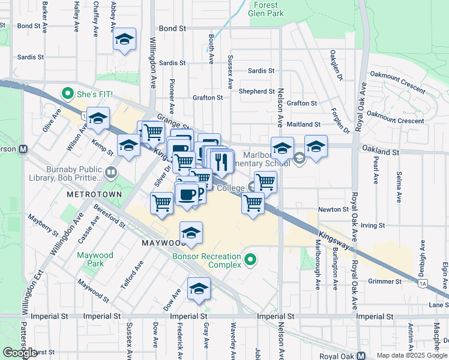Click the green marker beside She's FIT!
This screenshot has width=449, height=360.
tap(67, 95)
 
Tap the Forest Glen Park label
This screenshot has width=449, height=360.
tap(266, 8)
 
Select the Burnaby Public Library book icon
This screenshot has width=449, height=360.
tap(110, 173)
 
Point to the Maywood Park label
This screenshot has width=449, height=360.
tap(95, 260)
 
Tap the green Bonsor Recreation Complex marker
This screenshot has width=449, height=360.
tap(251, 260)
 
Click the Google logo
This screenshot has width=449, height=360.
tap(20, 353)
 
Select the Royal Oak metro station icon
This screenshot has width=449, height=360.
tap(362, 355)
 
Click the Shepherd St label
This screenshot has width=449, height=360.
tap(256, 91)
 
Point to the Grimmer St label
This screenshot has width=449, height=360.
tap(384, 281)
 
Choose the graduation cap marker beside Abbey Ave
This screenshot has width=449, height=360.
tap(124, 40)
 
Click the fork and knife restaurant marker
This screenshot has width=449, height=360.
tap(223, 161)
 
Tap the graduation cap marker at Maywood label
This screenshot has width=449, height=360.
tap(191, 233)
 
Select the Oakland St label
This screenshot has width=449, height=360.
tap(379, 152)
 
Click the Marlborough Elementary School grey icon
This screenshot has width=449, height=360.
tap(300, 158)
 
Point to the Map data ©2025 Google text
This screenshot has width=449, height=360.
tap(411, 355)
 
